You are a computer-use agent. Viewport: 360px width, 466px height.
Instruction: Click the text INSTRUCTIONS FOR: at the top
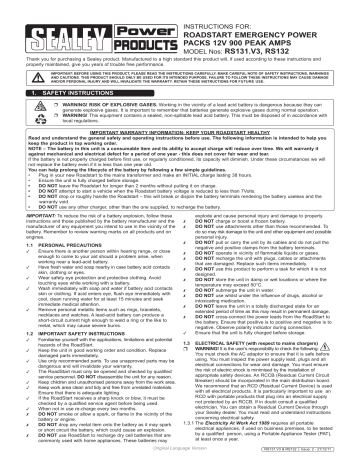click(220, 7)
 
